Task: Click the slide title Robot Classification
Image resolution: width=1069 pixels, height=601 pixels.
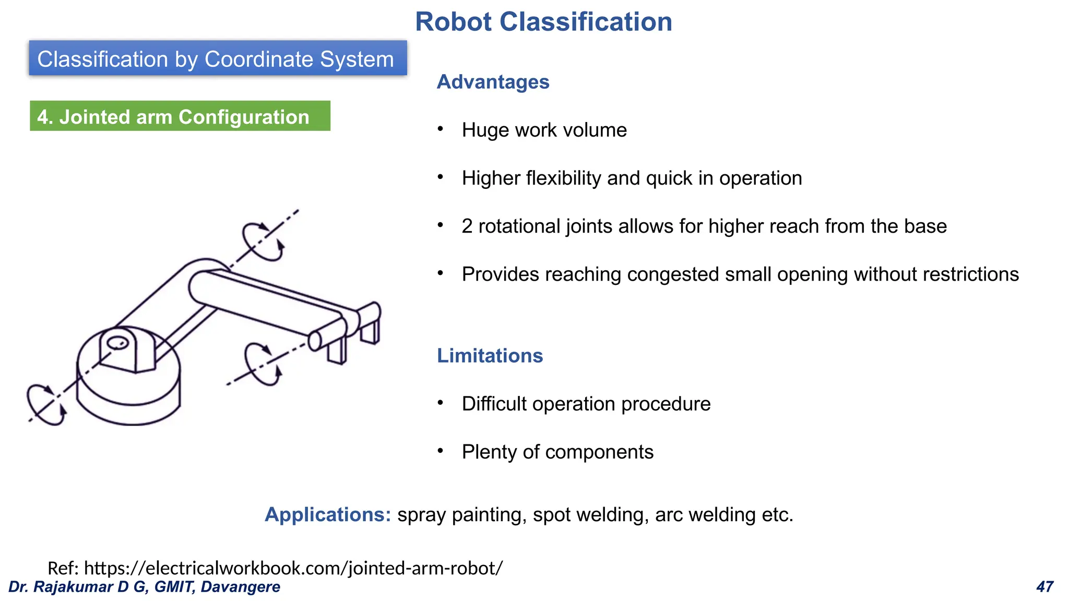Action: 543,22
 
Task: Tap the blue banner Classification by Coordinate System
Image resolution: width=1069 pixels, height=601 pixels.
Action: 218,58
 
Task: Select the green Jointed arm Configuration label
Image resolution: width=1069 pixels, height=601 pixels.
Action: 180,116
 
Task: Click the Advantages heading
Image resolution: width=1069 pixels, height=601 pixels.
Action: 493,82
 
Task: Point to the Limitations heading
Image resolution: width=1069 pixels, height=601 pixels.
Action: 490,356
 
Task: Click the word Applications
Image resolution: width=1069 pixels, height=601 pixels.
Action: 327,514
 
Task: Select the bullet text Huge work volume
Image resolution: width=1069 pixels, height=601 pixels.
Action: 544,130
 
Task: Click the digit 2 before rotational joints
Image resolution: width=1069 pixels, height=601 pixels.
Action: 467,226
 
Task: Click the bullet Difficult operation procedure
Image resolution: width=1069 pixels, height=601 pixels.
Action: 586,404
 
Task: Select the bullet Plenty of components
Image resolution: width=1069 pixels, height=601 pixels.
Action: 557,452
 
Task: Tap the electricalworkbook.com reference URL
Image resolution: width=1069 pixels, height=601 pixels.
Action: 293,568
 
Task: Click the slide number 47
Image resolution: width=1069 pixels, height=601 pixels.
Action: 1044,587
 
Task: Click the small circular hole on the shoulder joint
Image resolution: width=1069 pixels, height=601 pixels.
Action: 117,343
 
